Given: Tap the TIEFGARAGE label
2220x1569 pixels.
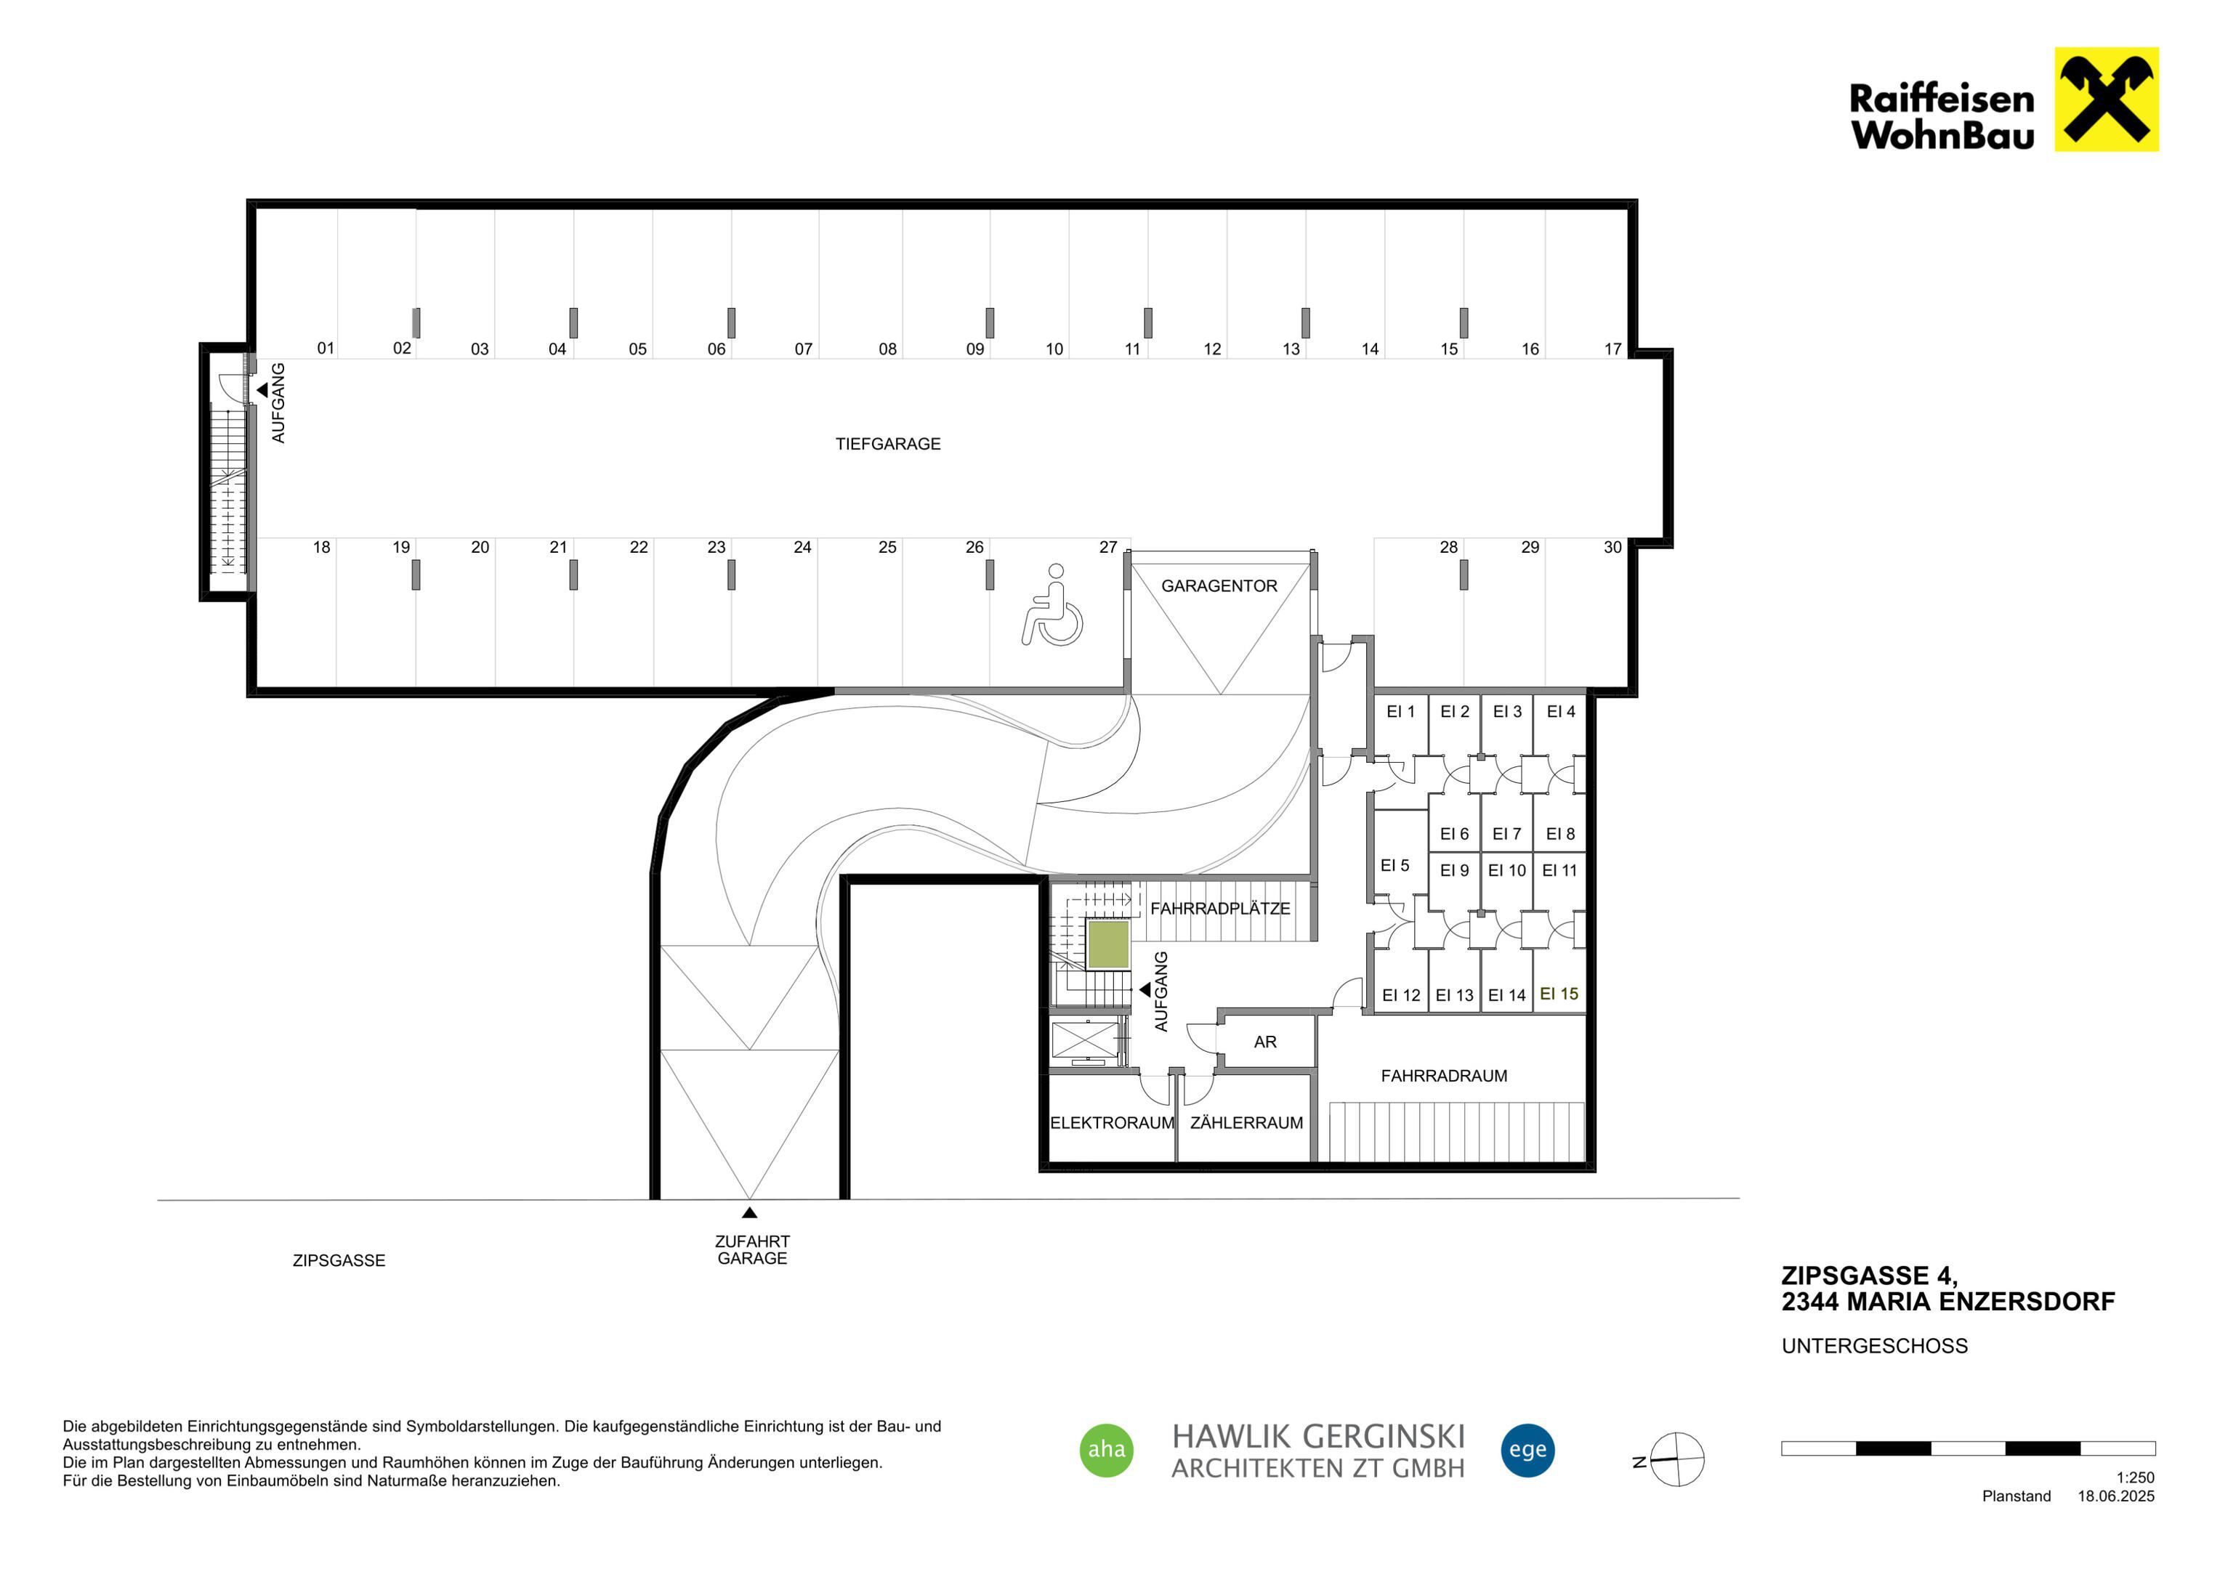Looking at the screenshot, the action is pos(887,444).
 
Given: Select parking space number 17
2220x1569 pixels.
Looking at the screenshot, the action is pos(1612,349).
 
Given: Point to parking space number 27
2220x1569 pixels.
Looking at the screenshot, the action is pos(1108,547).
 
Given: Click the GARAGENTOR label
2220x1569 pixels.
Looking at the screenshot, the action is pos(1219,586).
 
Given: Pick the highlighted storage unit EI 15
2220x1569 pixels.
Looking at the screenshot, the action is pos(1559,994).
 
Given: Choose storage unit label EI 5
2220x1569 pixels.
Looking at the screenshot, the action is pos(1394,865).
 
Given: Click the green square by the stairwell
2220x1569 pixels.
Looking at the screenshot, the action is pos(1108,944).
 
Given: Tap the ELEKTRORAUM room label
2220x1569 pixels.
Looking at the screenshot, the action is pos(1112,1122).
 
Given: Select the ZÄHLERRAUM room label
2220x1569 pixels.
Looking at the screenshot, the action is pos(1246,1122).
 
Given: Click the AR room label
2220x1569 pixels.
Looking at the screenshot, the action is pos(1264,1041).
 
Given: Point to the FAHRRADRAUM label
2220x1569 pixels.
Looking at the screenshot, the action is pos(1444,1075).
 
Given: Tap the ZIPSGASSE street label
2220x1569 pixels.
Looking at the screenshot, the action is pos(339,1260).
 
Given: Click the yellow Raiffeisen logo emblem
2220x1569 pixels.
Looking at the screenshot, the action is pos(2106,100).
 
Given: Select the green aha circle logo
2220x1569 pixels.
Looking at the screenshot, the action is pos(1106,1450).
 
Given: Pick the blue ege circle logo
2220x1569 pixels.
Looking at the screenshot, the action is pos(1527,1450).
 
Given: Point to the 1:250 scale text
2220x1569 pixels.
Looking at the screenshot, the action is pos(2135,1477).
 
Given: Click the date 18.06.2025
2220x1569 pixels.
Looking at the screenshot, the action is pos(2117,1496).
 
